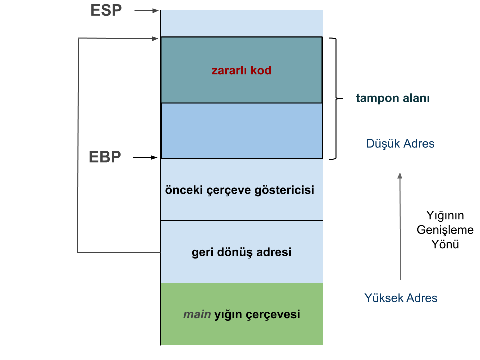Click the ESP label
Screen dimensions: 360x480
pyautogui.click(x=106, y=10)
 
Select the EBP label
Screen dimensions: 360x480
pyautogui.click(x=105, y=157)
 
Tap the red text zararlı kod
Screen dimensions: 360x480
pyautogui.click(x=241, y=70)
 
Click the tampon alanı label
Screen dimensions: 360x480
pyautogui.click(x=393, y=98)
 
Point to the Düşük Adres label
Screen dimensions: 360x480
pyautogui.click(x=400, y=144)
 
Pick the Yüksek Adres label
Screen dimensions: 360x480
pyautogui.click(x=401, y=298)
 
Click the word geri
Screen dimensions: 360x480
pyautogui.click(x=203, y=252)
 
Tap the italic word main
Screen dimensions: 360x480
pyautogui.click(x=197, y=315)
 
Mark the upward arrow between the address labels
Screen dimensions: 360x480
pyautogui.click(x=400, y=225)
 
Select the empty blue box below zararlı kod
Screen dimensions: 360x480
pyautogui.click(x=242, y=131)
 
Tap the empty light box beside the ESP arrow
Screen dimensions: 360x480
pyautogui.click(x=242, y=23)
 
